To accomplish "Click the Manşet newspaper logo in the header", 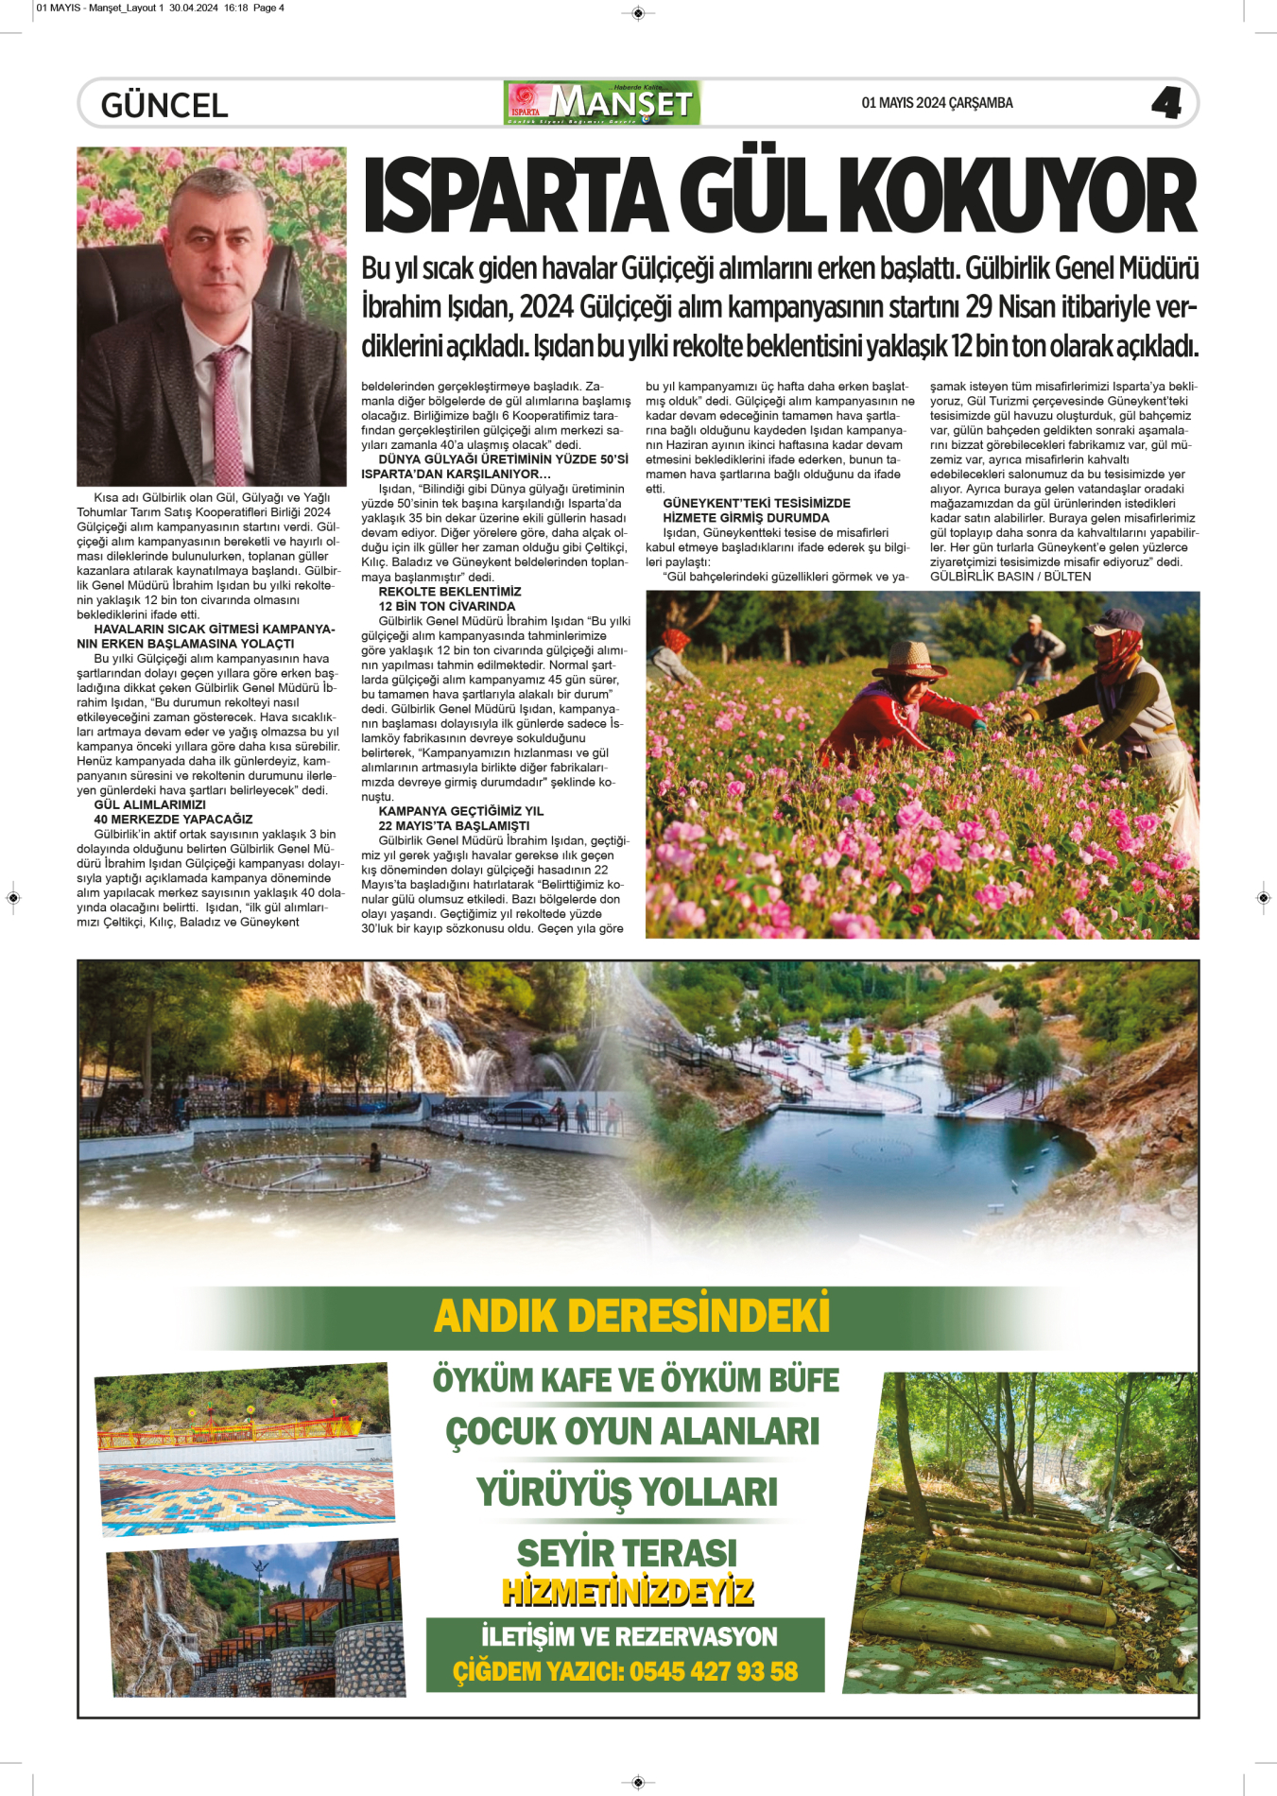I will (603, 103).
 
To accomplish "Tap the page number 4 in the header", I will (1166, 103).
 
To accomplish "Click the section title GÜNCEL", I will (164, 105).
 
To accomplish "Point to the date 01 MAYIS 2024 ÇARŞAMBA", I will (937, 103).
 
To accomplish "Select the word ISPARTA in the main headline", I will (515, 197).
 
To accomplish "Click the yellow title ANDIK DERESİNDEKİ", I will (631, 1316).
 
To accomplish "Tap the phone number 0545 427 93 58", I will (714, 1671).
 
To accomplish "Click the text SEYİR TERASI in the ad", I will (627, 1552).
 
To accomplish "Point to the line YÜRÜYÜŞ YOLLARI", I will (628, 1492).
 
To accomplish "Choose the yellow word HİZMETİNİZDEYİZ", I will (628, 1592).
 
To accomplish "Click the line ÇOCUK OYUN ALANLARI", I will (632, 1431).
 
